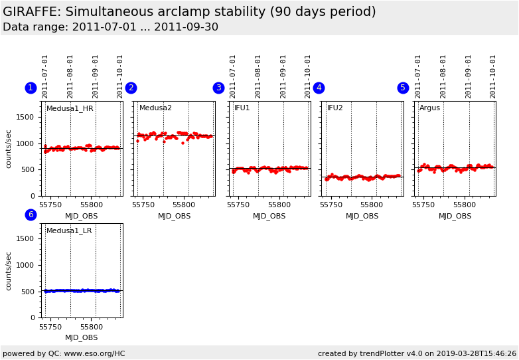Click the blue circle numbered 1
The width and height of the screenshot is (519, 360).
click(31, 88)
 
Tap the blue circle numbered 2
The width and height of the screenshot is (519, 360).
click(131, 88)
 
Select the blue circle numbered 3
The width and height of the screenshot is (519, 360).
click(218, 88)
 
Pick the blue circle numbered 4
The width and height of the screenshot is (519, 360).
click(319, 88)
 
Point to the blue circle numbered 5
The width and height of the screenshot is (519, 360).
click(403, 88)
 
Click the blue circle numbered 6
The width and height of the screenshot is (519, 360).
click(31, 215)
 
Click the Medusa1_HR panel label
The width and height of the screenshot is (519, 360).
click(70, 108)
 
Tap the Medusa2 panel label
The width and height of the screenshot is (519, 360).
click(155, 108)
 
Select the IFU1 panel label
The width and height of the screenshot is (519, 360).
click(242, 108)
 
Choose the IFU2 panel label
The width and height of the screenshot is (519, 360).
click(335, 108)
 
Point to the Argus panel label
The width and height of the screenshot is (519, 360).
click(429, 108)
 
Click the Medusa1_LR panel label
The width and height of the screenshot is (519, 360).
click(69, 231)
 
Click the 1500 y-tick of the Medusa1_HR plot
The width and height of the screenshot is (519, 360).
click(25, 117)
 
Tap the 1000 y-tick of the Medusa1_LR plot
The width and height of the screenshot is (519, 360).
click(25, 265)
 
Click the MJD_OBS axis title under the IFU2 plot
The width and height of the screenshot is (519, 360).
click(362, 216)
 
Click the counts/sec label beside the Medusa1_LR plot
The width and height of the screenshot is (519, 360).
click(9, 270)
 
